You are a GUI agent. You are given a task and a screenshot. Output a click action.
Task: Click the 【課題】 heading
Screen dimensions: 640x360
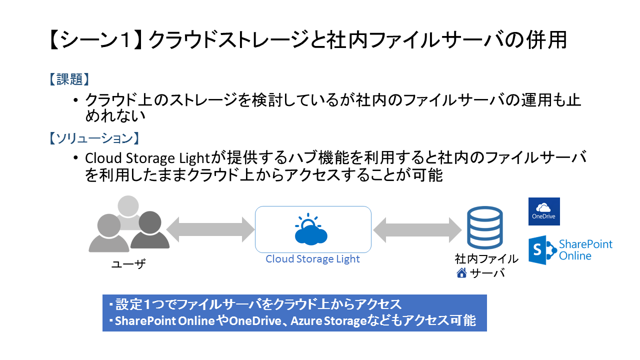coord(69,79)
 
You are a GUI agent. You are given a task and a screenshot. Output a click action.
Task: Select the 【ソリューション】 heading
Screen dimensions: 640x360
coord(94,138)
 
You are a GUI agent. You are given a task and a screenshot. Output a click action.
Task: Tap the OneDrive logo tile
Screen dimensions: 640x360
coord(544,211)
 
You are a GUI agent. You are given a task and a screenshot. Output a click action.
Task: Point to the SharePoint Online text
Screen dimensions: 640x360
coord(585,250)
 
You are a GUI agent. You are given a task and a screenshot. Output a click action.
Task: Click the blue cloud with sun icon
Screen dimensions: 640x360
coord(311,229)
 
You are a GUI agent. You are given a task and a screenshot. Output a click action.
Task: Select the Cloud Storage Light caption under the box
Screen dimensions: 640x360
coord(312,259)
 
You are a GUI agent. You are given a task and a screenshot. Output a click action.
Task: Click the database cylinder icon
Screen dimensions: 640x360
coord(485,227)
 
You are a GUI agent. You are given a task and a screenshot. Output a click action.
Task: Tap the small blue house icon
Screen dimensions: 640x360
coord(461,273)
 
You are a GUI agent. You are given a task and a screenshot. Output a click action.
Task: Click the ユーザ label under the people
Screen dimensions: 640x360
coord(128,264)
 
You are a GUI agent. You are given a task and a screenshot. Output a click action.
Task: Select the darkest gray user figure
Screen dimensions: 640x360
coord(149,229)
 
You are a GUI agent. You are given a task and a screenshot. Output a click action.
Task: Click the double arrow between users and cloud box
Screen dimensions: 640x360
coord(210,229)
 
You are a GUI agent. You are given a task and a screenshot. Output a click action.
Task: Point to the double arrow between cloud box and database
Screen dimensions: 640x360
coord(417,230)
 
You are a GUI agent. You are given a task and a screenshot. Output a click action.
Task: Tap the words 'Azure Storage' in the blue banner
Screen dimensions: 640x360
coord(328,320)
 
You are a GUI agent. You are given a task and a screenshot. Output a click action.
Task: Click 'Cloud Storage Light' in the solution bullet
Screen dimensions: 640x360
coord(147,158)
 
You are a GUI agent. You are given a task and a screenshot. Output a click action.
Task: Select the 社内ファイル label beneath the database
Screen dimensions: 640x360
coord(486,259)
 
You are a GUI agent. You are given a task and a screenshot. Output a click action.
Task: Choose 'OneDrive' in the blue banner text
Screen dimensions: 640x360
coord(255,320)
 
